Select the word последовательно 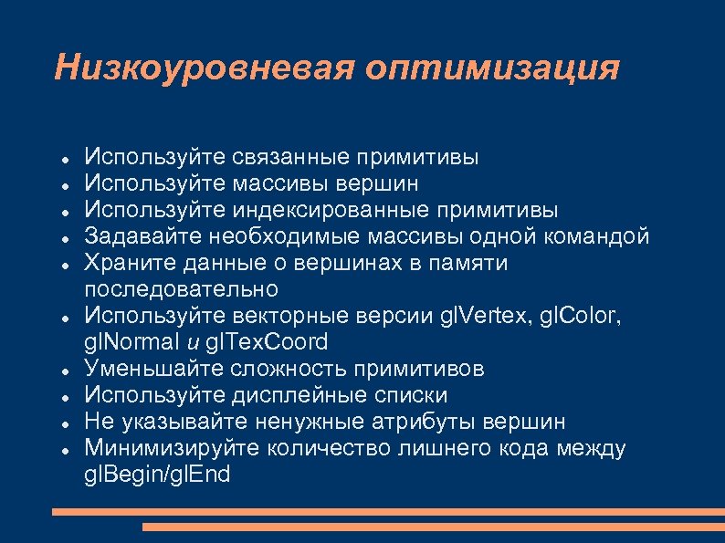point(181,290)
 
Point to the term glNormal point(129,343)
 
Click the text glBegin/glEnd point(158,475)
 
